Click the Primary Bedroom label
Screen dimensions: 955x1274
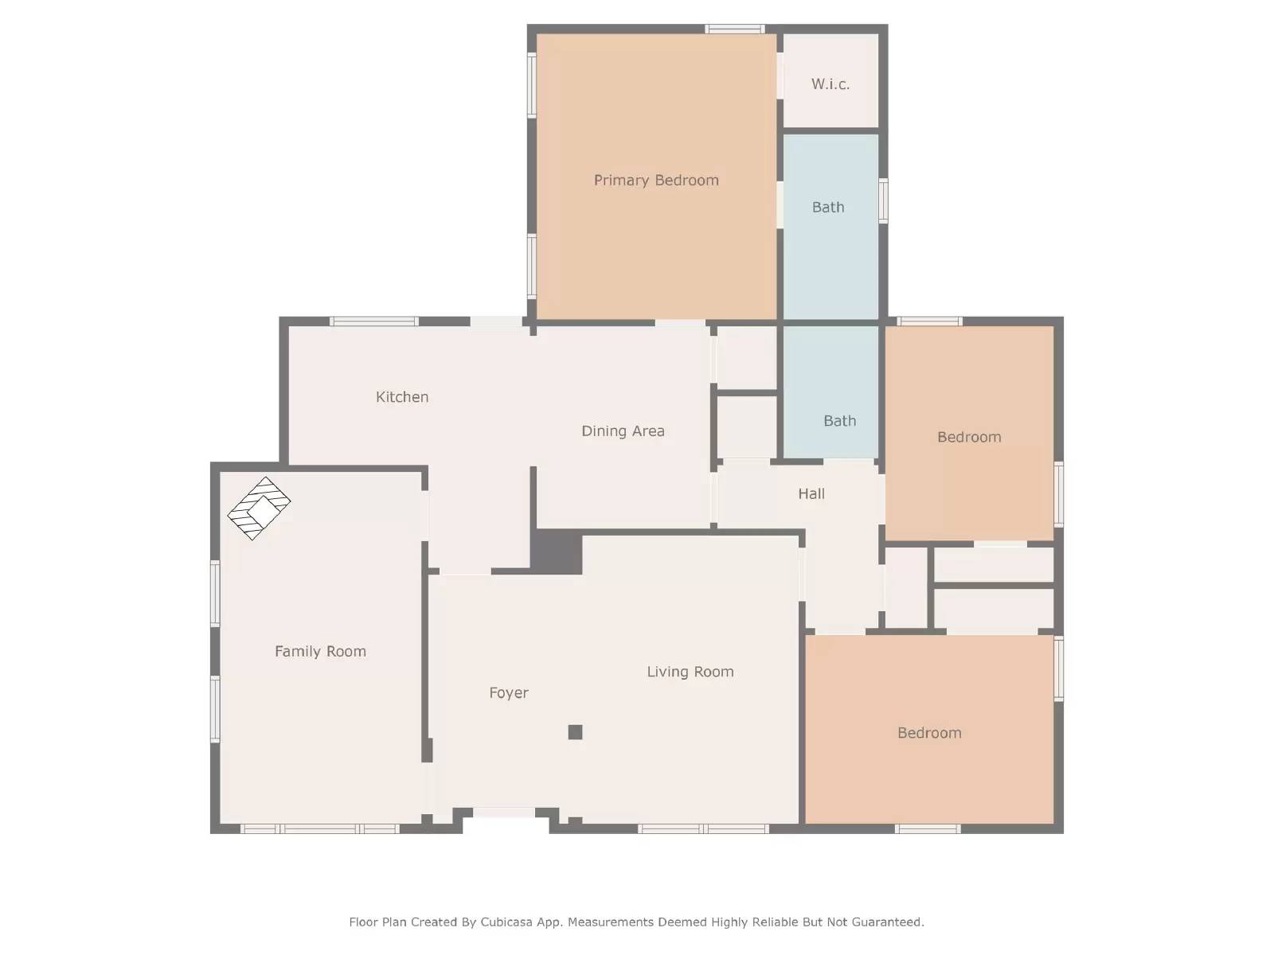pyautogui.click(x=656, y=181)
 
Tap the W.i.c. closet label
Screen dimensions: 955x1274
pyautogui.click(x=830, y=84)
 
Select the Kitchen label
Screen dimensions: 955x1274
pyautogui.click(x=402, y=397)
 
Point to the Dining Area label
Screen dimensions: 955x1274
pyautogui.click(x=623, y=431)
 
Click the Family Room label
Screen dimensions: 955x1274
pyautogui.click(x=320, y=652)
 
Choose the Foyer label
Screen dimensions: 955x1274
pyautogui.click(x=509, y=693)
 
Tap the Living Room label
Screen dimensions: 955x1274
pyautogui.click(x=690, y=672)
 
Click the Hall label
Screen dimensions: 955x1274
pyautogui.click(x=811, y=494)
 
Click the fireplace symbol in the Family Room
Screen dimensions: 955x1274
pyautogui.click(x=259, y=508)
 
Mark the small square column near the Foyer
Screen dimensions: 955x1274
pyautogui.click(x=575, y=732)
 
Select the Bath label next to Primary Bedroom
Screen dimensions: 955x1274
pyautogui.click(x=828, y=208)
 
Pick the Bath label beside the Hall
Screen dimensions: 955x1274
pyautogui.click(x=839, y=421)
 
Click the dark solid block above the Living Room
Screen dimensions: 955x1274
pyautogui.click(x=557, y=552)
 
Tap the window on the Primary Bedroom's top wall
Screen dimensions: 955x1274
pyautogui.click(x=734, y=29)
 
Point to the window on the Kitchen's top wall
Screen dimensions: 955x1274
pyautogui.click(x=374, y=322)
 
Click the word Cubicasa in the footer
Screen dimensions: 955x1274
pyautogui.click(x=506, y=922)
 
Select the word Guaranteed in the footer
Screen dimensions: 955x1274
pyautogui.click(x=887, y=922)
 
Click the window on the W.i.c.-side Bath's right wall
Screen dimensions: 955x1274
pyautogui.click(x=883, y=201)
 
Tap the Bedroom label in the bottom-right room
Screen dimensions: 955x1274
pyautogui.click(x=929, y=733)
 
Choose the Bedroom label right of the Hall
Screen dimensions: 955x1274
pyautogui.click(x=969, y=437)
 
